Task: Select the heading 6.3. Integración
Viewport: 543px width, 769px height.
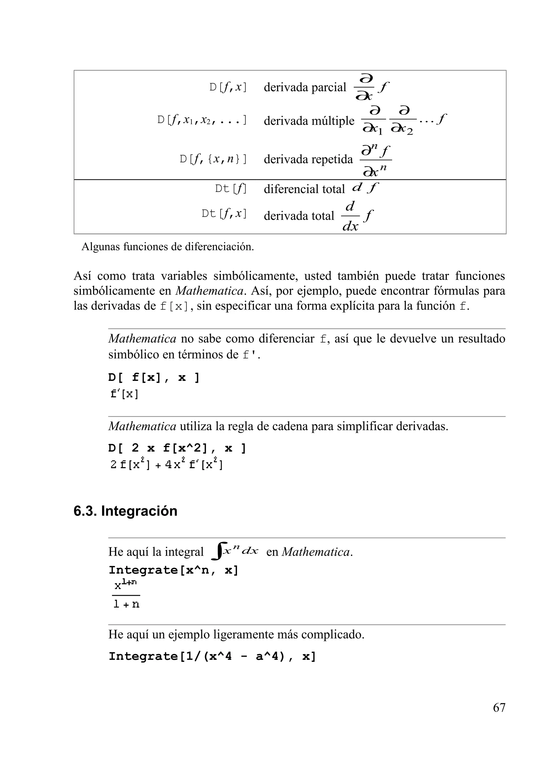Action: click(x=125, y=511)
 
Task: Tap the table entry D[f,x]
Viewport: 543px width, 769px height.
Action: click(x=228, y=87)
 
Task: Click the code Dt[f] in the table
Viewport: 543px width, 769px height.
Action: click(x=230, y=189)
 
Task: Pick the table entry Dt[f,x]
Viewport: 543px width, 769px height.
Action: click(x=224, y=214)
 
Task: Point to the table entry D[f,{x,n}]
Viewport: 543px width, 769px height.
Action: click(x=213, y=159)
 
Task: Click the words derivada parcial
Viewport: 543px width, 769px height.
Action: click(x=305, y=87)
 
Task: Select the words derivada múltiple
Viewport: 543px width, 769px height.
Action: click(x=309, y=121)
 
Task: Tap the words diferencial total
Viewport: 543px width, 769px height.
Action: click(x=304, y=189)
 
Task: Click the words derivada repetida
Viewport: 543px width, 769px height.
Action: click(x=308, y=159)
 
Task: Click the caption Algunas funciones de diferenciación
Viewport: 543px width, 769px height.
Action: click(x=168, y=247)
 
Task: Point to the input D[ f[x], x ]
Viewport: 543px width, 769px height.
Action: click(x=154, y=378)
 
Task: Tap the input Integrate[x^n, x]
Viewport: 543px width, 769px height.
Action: click(x=173, y=570)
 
